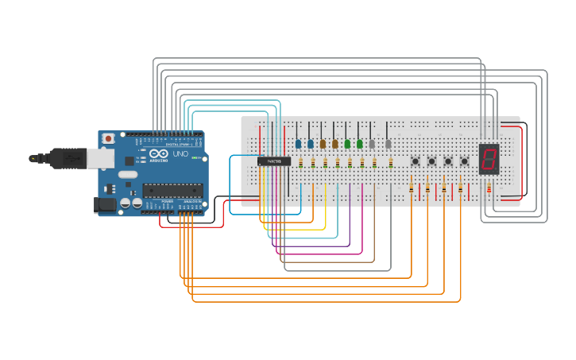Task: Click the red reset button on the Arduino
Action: click(108, 138)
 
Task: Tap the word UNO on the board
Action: click(180, 153)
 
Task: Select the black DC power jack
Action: click(104, 205)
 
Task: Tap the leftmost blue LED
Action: click(298, 144)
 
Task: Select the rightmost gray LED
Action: click(388, 144)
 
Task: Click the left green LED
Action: click(347, 144)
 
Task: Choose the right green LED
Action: click(360, 144)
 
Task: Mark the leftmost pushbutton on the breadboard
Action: click(416, 161)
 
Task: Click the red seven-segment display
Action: click(489, 159)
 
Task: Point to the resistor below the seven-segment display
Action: click(489, 188)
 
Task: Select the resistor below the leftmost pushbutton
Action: click(411, 188)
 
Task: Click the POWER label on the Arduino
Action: click(167, 202)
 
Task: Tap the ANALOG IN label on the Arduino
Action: click(192, 202)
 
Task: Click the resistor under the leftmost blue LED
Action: click(300, 163)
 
